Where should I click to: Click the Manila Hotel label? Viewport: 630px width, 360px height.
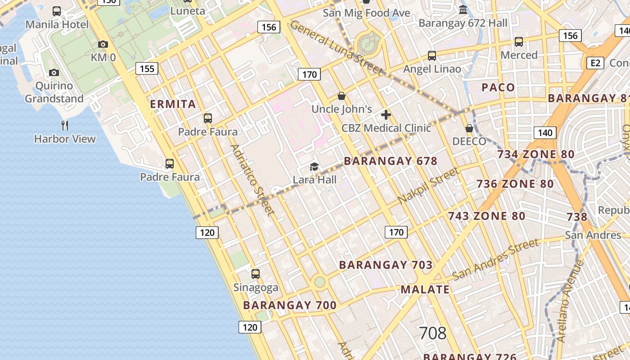click(x=57, y=24)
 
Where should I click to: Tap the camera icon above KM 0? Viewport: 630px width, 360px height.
click(x=103, y=44)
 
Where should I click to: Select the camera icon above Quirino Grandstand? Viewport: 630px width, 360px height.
click(x=54, y=72)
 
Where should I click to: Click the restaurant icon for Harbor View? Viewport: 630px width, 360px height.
click(x=65, y=125)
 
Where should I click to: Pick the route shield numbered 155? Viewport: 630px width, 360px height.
click(x=147, y=68)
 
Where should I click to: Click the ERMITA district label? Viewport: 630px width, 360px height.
click(x=173, y=104)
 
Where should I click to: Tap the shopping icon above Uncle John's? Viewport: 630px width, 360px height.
click(x=342, y=96)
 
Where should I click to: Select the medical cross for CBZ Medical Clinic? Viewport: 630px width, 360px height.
click(x=386, y=115)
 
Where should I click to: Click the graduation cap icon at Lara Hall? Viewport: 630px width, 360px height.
click(x=314, y=167)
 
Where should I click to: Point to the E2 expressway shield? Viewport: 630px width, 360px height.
click(x=595, y=63)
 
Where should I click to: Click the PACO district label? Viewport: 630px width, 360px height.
click(x=498, y=87)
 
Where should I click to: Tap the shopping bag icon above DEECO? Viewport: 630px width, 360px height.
click(x=469, y=128)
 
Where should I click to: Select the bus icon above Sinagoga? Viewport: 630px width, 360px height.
click(x=256, y=274)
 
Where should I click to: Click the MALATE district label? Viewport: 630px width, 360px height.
click(x=425, y=289)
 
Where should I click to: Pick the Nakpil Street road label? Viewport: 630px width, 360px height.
click(x=428, y=185)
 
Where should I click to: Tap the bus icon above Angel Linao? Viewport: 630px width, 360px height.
click(x=432, y=56)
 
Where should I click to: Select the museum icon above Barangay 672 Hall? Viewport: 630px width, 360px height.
click(x=463, y=10)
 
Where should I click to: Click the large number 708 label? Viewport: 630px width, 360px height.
click(x=432, y=333)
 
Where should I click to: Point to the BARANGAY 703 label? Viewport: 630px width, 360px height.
click(x=386, y=265)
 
